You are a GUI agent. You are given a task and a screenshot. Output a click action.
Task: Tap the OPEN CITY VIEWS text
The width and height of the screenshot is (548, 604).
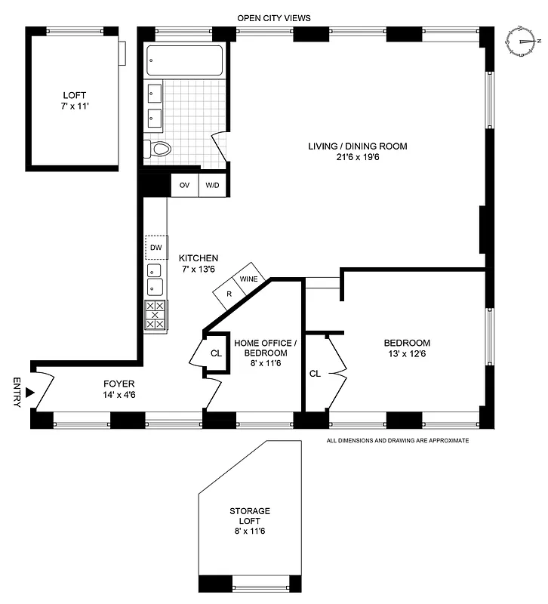(x=274, y=17)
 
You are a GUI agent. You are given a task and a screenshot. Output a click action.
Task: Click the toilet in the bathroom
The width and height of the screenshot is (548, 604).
(x=159, y=149)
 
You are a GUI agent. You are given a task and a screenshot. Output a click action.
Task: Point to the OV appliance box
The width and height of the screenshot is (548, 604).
(x=184, y=185)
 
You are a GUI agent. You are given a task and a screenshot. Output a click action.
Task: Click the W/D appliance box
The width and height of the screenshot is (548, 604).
(x=213, y=185)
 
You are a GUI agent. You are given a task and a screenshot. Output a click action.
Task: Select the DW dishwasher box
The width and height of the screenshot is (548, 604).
(x=155, y=248)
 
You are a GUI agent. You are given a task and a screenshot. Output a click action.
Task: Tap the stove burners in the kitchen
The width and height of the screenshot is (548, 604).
(x=155, y=315)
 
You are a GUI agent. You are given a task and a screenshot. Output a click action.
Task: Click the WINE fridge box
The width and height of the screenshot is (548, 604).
(x=249, y=279)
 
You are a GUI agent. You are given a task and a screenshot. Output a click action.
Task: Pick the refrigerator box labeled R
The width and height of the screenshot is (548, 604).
(x=228, y=292)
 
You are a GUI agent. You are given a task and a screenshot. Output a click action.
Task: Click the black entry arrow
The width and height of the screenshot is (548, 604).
(x=29, y=392)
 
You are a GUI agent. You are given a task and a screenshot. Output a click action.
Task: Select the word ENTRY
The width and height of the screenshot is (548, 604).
(x=17, y=392)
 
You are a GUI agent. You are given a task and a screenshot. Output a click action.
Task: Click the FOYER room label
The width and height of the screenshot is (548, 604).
(x=119, y=383)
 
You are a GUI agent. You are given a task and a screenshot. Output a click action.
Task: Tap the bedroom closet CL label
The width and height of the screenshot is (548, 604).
(x=316, y=373)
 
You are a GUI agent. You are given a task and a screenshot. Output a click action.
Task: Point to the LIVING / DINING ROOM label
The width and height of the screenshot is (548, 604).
(x=357, y=146)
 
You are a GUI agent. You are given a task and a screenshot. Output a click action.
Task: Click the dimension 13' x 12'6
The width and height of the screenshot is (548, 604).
(x=408, y=354)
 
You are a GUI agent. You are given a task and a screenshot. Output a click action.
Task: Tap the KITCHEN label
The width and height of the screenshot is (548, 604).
(x=199, y=257)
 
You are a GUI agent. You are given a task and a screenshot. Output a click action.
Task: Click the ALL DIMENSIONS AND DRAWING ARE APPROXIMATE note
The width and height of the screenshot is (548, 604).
(x=397, y=439)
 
